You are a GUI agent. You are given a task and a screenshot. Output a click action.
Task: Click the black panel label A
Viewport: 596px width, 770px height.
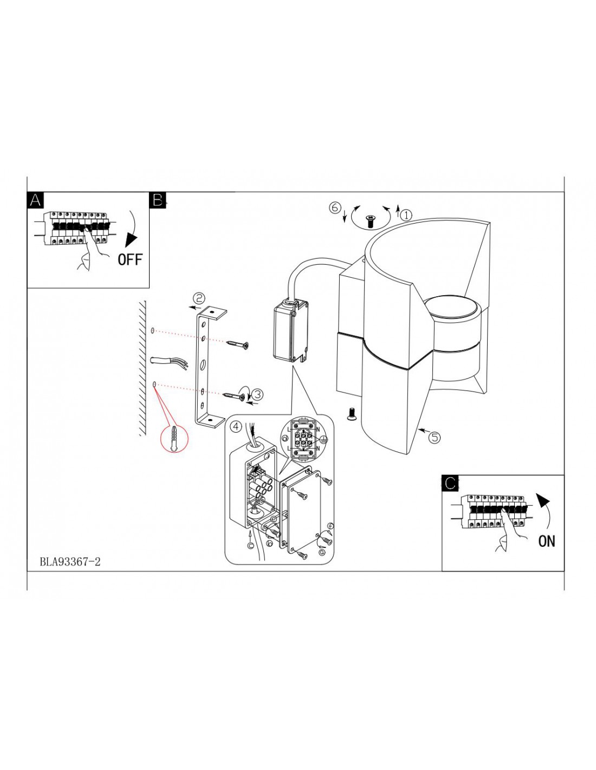[x=35, y=200]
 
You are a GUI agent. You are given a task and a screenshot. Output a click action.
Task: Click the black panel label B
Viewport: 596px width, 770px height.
[x=158, y=200]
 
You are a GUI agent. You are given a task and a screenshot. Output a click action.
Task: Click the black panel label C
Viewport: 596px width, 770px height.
[x=450, y=483]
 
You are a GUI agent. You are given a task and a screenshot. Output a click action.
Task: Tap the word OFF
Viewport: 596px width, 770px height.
[x=130, y=260]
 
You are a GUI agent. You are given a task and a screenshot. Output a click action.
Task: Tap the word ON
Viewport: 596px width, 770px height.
[x=546, y=541]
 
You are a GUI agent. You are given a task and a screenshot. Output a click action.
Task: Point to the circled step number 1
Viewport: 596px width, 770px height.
[x=406, y=215]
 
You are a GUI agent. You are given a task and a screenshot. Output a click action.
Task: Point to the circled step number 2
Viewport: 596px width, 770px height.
[x=199, y=298]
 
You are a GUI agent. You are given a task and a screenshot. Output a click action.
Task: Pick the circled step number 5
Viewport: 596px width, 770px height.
[x=435, y=438]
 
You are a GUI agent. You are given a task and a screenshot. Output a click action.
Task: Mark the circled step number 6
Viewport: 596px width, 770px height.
[x=334, y=207]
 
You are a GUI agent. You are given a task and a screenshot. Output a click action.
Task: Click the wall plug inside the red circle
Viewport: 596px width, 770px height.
[x=174, y=439]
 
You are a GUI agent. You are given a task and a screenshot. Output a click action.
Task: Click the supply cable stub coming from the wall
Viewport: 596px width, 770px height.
[x=169, y=362]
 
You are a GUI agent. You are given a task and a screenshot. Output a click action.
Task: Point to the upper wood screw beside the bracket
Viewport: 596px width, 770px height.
[x=237, y=344]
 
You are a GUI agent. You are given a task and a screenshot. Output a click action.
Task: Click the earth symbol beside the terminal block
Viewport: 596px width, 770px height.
[x=322, y=439]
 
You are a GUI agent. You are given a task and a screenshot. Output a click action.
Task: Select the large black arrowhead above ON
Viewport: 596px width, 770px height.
[x=542, y=500]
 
